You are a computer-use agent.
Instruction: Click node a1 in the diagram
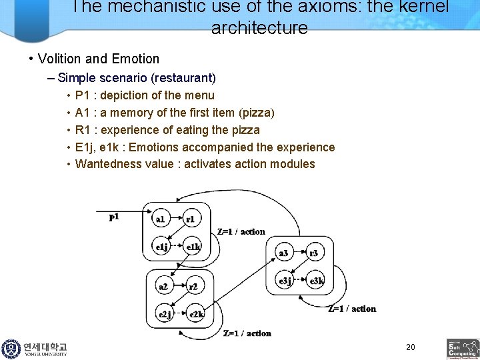tap(161, 219)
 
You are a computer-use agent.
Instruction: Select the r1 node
tap(191, 219)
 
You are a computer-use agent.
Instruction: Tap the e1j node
tap(161, 247)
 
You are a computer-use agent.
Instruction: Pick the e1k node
tap(193, 247)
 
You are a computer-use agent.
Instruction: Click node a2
tap(163, 287)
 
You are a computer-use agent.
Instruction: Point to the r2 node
tap(193, 287)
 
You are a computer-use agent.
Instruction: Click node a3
tap(284, 253)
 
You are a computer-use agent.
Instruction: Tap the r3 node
tap(314, 253)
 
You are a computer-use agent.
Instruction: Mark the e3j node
tap(285, 281)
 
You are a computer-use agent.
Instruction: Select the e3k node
tap(317, 281)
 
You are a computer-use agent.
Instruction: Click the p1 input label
tap(114, 217)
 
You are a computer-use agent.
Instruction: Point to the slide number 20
tap(410, 347)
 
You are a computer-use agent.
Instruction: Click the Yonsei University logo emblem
tap(11, 349)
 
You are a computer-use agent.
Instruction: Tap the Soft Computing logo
tap(463, 349)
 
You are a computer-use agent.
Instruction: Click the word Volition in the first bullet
tap(60, 59)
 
